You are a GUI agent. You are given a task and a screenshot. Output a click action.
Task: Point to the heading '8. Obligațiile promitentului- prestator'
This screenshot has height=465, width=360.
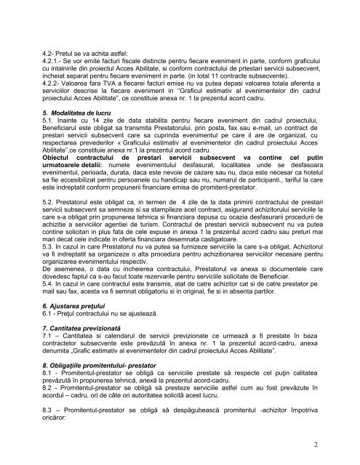[x=106, y=384]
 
